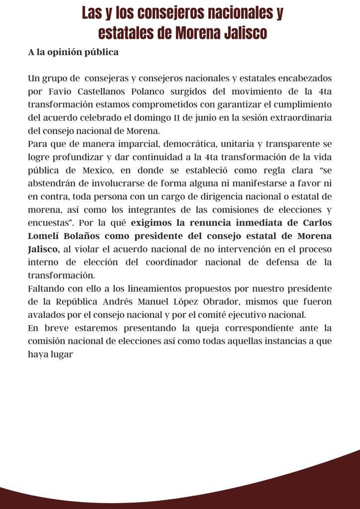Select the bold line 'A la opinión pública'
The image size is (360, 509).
73,52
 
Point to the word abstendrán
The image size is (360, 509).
53,183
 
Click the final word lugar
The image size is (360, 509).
62,355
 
